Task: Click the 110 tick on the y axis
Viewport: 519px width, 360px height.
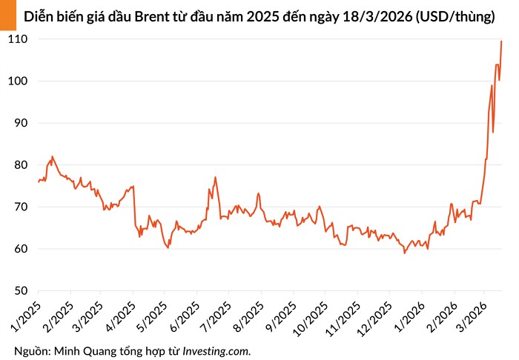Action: [17, 39]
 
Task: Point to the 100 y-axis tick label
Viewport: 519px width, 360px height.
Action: [17, 81]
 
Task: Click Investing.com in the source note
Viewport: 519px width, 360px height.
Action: [216, 349]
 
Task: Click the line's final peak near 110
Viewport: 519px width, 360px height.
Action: [501, 41]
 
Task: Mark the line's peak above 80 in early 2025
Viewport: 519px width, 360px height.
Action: [52, 157]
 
